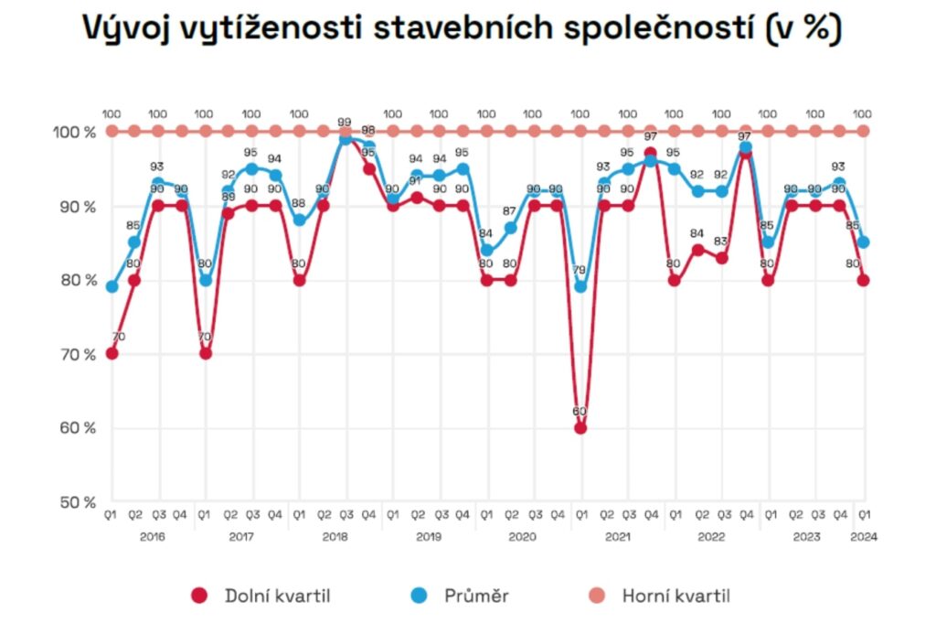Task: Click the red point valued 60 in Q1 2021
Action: click(580, 427)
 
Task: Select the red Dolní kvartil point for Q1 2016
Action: click(112, 353)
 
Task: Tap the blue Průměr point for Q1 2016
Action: click(112, 286)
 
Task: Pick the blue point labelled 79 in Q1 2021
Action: click(580, 286)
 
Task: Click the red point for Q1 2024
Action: click(863, 280)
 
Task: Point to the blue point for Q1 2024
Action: click(863, 242)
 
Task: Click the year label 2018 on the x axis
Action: click(335, 537)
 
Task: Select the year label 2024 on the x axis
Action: click(863, 537)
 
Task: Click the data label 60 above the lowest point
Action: click(580, 412)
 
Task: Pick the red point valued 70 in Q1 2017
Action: click(206, 353)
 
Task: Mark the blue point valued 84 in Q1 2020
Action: click(487, 250)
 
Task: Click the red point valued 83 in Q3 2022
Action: click(722, 258)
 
